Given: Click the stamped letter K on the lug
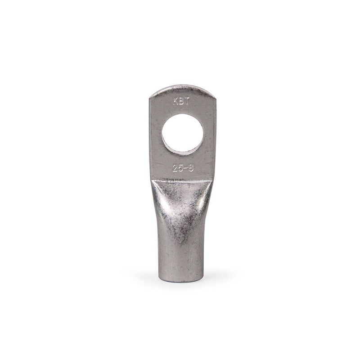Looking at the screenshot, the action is [x=175, y=102].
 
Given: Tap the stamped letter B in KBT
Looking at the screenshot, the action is [x=180, y=102].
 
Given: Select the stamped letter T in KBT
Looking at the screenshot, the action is [x=186, y=102].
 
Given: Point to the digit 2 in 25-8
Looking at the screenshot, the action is [x=175, y=169].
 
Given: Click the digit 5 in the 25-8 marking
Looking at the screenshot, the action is [x=181, y=169].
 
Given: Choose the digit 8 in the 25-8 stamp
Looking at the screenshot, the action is [x=191, y=169].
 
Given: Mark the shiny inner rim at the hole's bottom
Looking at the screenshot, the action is [x=183, y=150].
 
